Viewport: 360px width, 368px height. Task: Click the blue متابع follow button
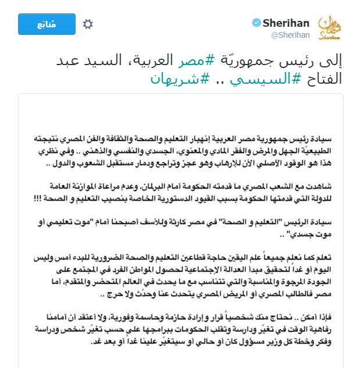(x=47, y=24)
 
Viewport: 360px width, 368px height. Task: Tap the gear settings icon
(x=88, y=24)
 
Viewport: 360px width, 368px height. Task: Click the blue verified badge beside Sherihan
(x=255, y=23)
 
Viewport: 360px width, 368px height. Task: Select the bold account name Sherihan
(x=286, y=23)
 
